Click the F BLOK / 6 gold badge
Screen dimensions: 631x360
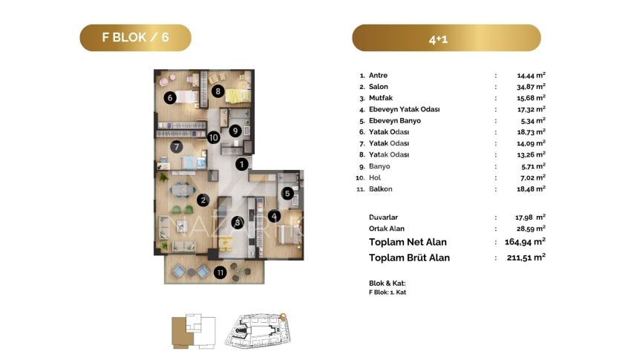[135, 37]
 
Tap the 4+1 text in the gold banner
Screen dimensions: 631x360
[438, 39]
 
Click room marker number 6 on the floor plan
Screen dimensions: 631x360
[170, 97]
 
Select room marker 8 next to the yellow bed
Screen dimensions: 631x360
[218, 91]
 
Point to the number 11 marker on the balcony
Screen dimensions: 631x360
[220, 272]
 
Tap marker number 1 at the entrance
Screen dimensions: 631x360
[241, 164]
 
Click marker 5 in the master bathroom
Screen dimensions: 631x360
[287, 194]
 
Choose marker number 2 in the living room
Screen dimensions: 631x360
[203, 200]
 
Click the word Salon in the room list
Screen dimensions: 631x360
[379, 87]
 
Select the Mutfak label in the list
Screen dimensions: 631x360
[381, 98]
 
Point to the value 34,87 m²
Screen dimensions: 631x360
[532, 86]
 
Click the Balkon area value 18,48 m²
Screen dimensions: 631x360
[532, 189]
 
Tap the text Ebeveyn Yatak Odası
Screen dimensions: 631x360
[404, 109]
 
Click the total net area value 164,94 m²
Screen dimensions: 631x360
[525, 241]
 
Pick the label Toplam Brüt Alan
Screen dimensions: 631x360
[409, 258]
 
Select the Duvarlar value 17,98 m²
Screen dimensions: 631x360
[530, 217]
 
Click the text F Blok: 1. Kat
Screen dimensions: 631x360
[387, 292]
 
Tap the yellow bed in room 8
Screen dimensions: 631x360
[238, 96]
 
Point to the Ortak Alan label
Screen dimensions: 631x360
[386, 229]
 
